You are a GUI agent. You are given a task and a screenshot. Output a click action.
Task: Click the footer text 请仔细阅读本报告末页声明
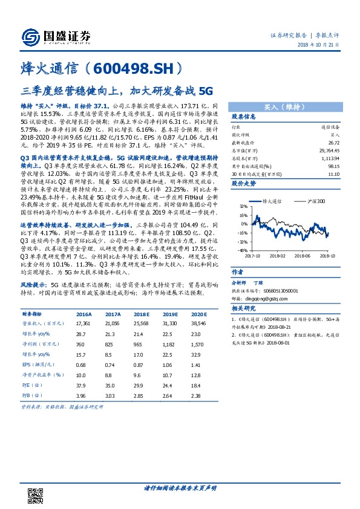click(x=180, y=487)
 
